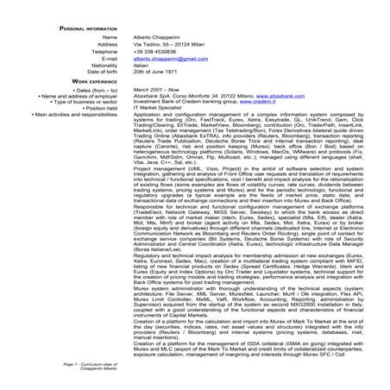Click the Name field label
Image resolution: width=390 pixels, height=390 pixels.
109,37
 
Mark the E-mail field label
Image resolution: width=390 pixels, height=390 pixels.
107,58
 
